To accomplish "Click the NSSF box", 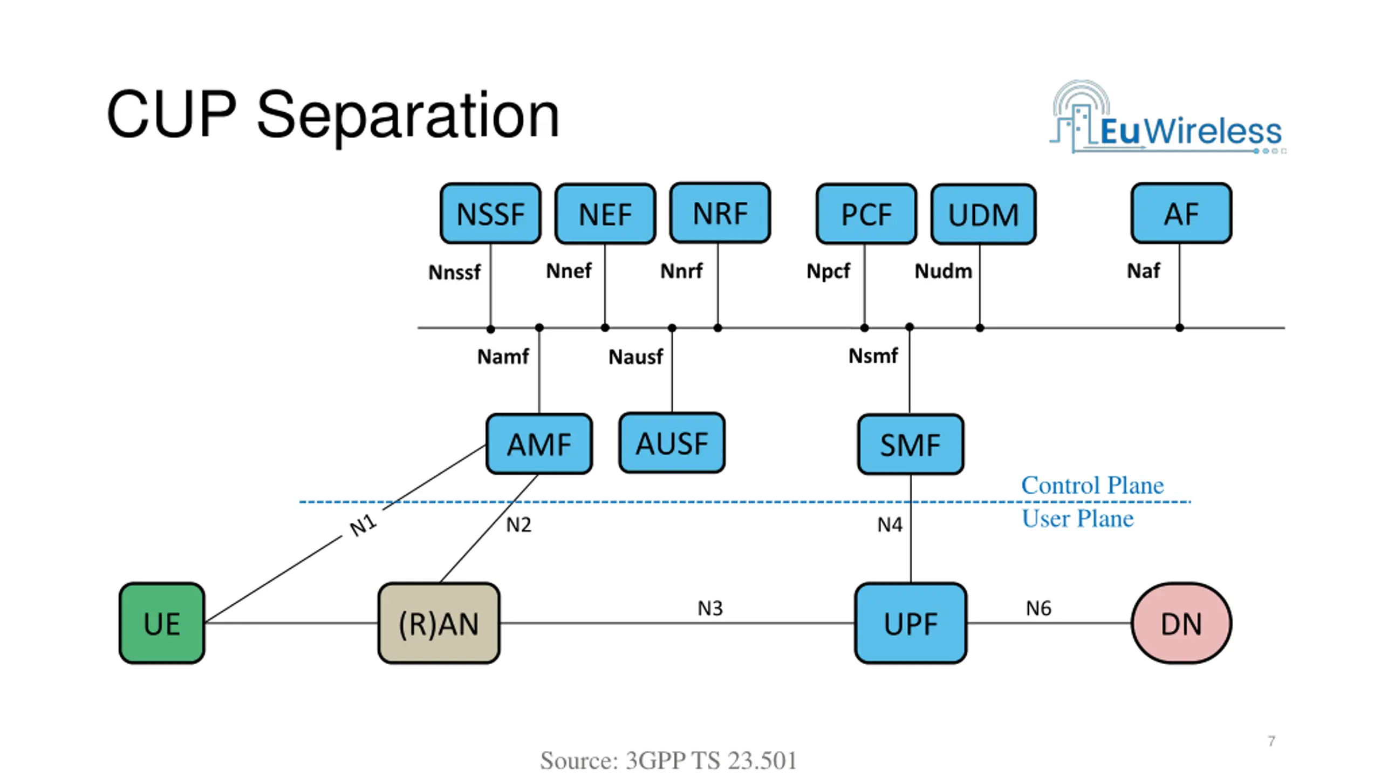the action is pos(490,213).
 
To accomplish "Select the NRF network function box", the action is pos(720,213).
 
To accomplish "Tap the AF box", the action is pos(1181,213).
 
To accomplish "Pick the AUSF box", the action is pos(672,443).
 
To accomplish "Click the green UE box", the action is pos(162,623).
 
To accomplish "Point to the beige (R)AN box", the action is pos(439,623).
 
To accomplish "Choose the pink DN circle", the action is pos(1181,623).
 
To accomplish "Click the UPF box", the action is pos(911,623).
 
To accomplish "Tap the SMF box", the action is pos(911,444).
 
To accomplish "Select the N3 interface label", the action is pos(710,608).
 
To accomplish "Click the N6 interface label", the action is pos(1038,608).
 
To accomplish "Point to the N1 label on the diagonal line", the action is pos(363,525).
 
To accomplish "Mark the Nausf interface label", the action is pos(635,357).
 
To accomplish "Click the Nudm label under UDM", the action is pos(943,271).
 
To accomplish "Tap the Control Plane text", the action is pos(1092,485).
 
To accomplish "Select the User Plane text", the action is pos(1077,519).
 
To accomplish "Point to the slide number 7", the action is pos(1271,741).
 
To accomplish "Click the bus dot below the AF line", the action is pos(1180,328).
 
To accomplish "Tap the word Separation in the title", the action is pos(408,115).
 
